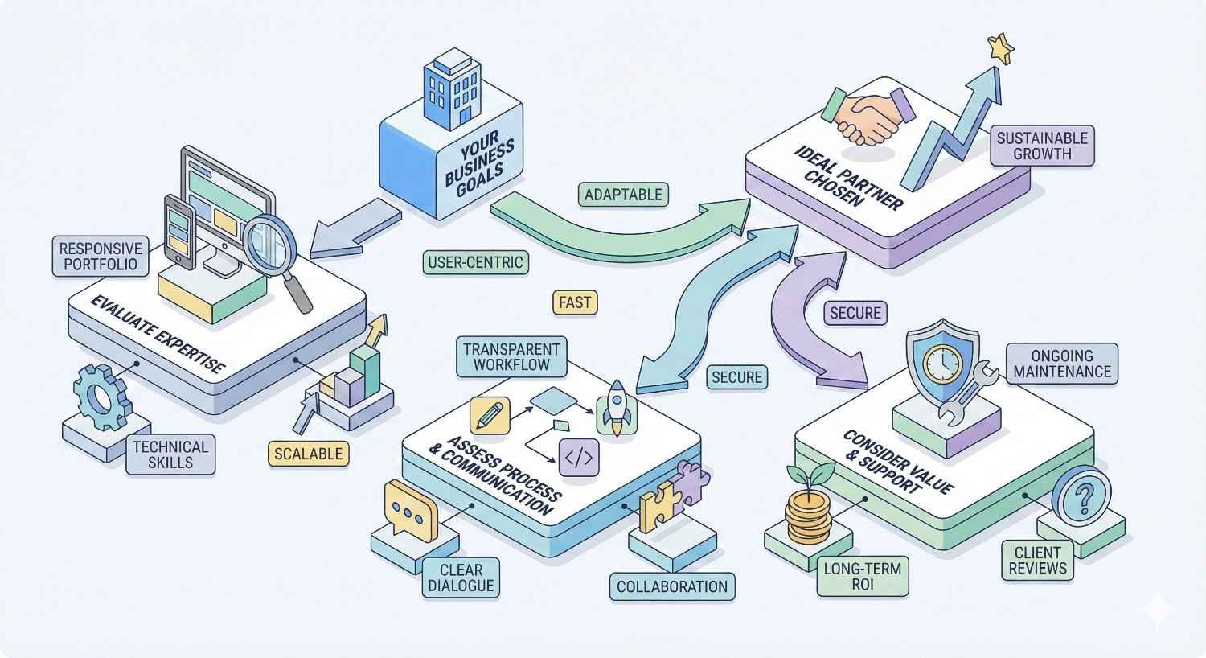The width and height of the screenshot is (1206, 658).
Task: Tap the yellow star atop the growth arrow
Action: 1000,48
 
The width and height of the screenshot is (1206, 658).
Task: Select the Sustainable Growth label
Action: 1041,146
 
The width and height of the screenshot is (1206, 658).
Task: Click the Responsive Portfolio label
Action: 100,256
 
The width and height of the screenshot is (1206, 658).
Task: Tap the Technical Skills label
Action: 170,454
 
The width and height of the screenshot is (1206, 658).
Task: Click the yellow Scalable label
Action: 308,454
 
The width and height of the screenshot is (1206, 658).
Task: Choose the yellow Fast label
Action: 575,302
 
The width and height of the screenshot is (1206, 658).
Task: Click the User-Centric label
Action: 475,262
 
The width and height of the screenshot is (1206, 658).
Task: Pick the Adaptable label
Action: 623,195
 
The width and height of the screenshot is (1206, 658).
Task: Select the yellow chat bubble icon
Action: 409,511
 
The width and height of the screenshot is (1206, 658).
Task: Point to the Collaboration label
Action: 672,586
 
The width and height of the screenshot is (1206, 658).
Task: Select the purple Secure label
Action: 855,312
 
